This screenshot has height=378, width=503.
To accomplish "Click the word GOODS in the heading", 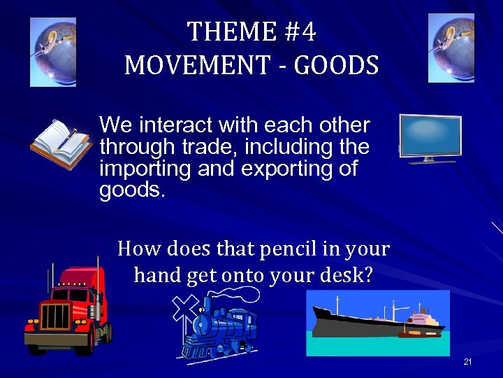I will pos(337,65).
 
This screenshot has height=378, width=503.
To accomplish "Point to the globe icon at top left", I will pos(53,52).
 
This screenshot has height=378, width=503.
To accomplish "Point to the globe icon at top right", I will pos(451,48).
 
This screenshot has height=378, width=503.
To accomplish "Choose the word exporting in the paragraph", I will pos(279,169).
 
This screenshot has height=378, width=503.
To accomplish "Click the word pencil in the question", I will pos(279,248).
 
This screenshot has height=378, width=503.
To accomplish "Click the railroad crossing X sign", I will pos(184,307).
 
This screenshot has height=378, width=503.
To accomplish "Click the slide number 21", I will pos(467,362).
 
